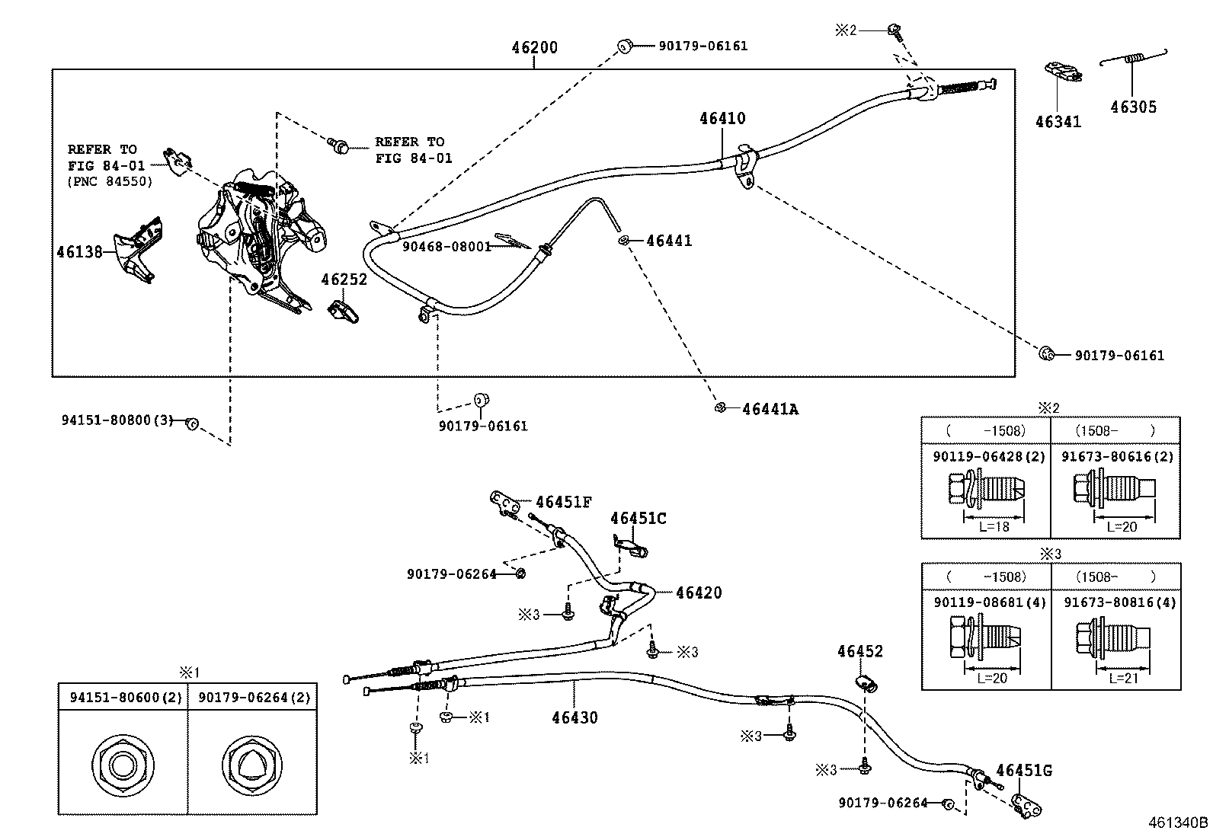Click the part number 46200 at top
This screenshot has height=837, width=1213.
534,48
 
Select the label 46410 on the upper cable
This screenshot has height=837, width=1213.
722,118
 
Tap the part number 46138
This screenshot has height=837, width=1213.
79,252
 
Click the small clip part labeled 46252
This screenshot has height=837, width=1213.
343,312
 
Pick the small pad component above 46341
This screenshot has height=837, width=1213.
1063,72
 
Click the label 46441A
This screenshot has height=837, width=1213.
770,409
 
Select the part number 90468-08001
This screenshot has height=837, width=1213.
446,247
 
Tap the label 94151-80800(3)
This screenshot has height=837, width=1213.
117,420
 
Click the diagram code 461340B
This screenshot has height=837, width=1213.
1178,823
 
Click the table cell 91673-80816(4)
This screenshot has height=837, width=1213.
1120,602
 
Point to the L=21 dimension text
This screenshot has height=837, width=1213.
1124,679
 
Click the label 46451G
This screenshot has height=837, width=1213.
1024,771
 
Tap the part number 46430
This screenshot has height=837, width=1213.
574,718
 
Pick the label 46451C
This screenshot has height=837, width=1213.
639,519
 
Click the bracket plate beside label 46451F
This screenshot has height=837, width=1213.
505,503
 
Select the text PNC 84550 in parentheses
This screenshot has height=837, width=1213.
110,181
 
